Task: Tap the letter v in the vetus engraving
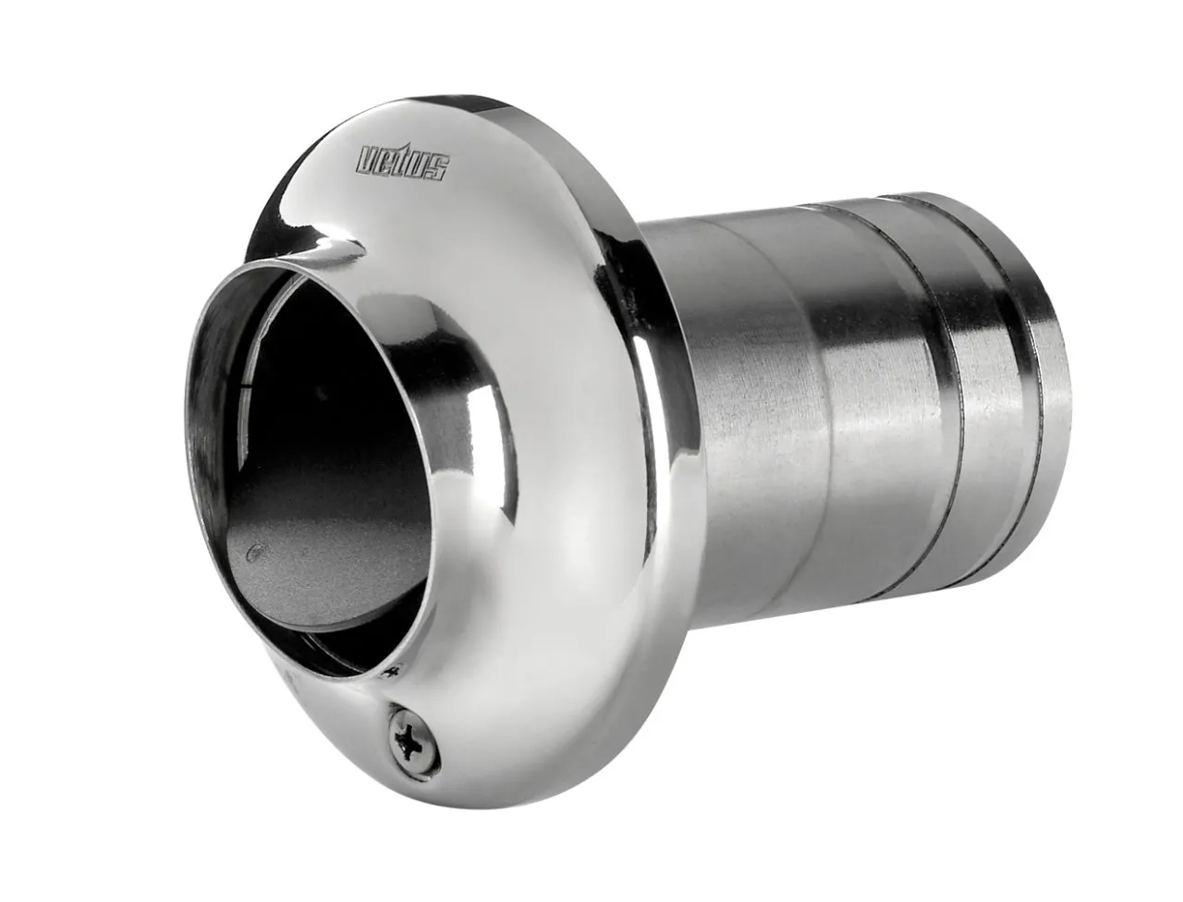click(370, 159)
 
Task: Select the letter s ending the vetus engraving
click(439, 169)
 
